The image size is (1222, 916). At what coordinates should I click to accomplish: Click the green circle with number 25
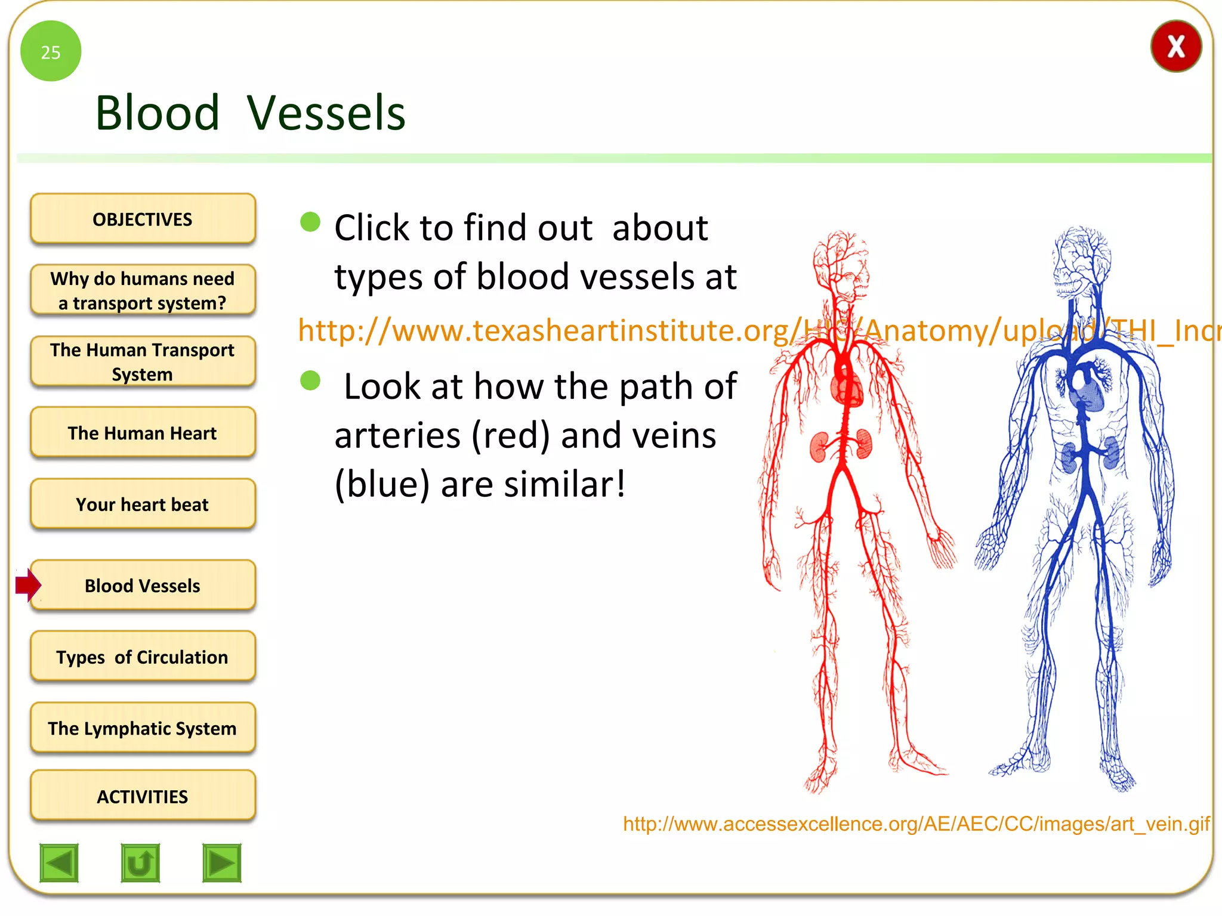pos(51,51)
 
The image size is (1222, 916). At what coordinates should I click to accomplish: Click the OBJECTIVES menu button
pos(143,219)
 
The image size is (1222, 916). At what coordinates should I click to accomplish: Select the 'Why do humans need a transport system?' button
pos(143,290)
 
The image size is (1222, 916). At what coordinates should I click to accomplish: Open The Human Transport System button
pos(143,361)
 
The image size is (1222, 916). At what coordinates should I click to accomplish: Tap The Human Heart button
pos(143,433)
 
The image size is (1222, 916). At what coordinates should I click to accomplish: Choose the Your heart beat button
pos(143,504)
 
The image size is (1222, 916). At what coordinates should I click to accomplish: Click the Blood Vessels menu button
pos(143,585)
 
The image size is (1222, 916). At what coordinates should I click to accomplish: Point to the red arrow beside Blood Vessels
pos(28,584)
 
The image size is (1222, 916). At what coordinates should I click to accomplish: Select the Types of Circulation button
pos(143,657)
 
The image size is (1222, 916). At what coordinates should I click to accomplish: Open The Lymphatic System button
pos(143,728)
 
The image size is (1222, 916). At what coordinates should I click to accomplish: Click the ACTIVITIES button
pos(143,796)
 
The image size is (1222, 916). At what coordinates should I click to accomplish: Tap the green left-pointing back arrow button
pos(59,862)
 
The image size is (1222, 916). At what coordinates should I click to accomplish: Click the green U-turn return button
pos(140,862)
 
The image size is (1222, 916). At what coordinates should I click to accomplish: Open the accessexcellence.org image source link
pos(916,824)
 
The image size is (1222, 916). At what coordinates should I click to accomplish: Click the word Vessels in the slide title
pos(326,113)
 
